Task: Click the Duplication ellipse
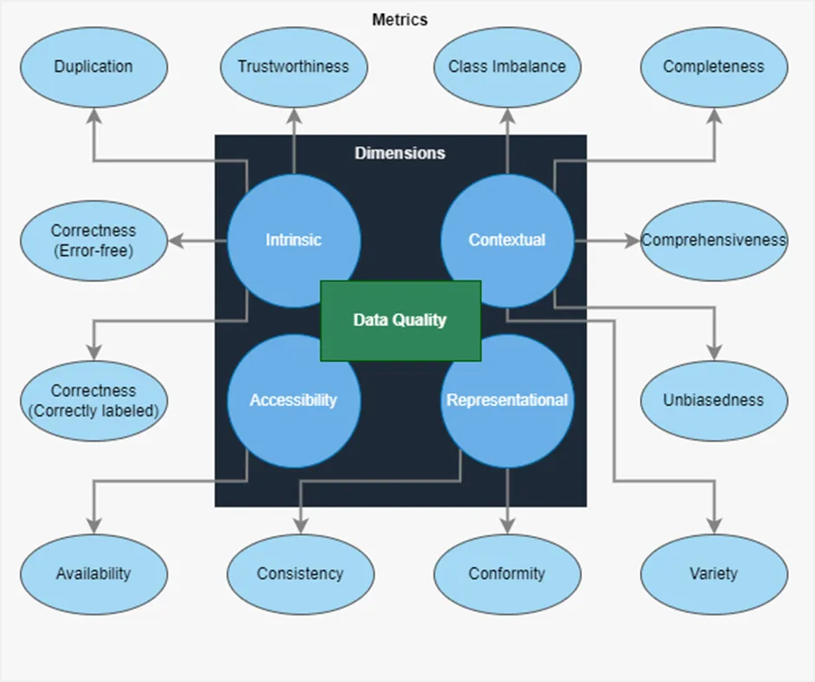(95, 67)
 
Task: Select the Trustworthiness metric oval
(294, 67)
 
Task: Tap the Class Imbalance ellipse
(507, 67)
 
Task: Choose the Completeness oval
(714, 67)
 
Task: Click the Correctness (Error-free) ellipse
(95, 241)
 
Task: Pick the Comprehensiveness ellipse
(714, 241)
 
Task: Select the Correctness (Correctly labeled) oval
(95, 401)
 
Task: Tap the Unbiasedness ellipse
(714, 401)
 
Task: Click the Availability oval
(95, 574)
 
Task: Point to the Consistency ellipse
(301, 574)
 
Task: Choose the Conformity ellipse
(507, 574)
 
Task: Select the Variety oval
(714, 574)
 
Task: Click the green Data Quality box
(401, 320)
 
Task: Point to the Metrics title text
(400, 20)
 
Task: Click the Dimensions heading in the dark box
(401, 153)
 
